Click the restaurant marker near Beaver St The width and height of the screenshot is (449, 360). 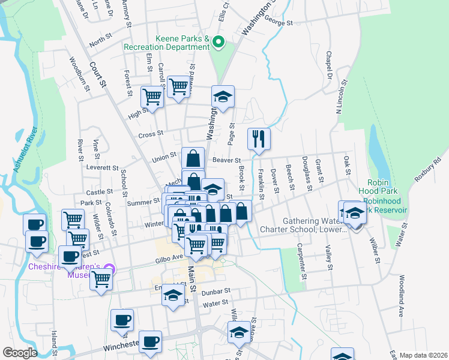pos(259,139)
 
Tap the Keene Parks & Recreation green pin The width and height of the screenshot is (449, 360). pos(218,43)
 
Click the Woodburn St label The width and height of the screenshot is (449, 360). pos(79,73)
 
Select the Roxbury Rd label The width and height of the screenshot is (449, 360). pos(427,169)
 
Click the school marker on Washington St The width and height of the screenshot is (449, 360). pos(223,97)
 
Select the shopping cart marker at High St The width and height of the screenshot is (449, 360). pos(152,97)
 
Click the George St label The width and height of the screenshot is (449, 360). pos(279,23)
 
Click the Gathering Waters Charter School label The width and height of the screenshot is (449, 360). pos(303,224)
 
